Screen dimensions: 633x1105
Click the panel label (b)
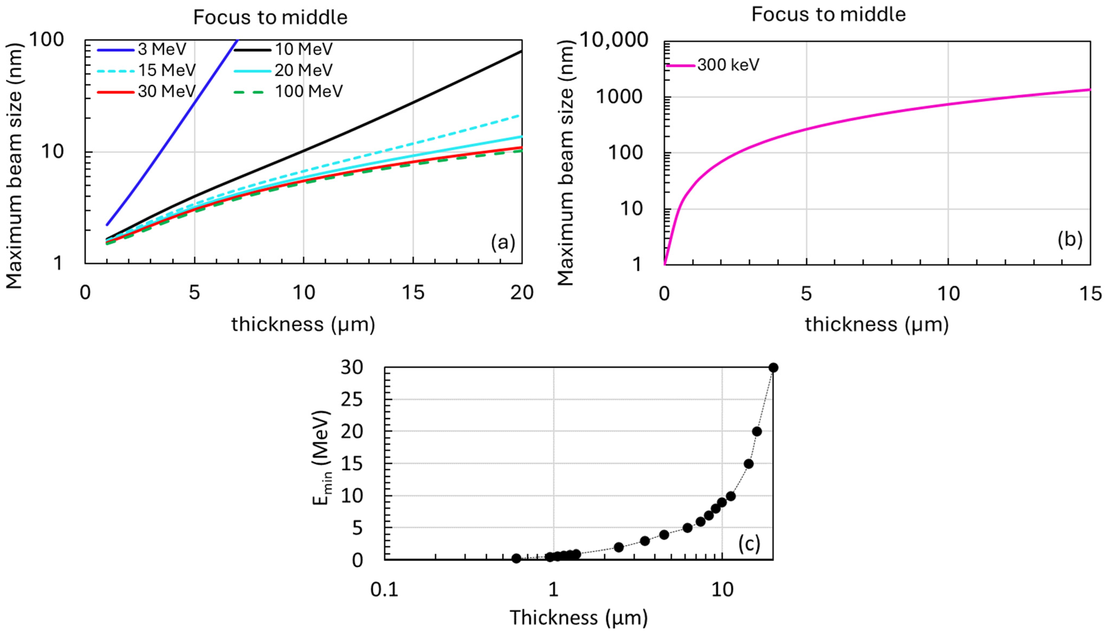tap(1070, 239)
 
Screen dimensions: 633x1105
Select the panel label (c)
tap(749, 544)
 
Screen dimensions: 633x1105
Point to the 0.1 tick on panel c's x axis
tap(384, 590)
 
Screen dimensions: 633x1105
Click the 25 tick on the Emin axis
tap(351, 399)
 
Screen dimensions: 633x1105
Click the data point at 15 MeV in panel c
tap(748, 464)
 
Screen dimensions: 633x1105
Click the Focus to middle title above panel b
tap(828, 14)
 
